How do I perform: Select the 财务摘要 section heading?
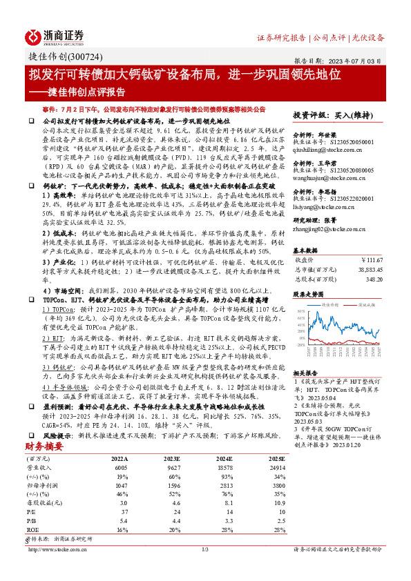[x=45, y=447]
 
